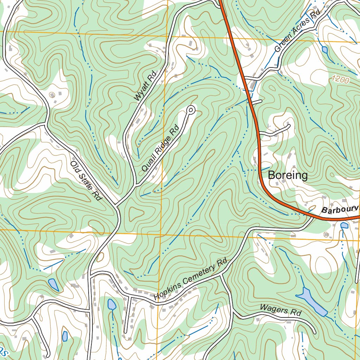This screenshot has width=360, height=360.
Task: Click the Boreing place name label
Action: [x=288, y=175]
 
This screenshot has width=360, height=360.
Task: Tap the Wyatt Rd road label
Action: [x=144, y=86]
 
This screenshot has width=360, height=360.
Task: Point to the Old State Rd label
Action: [x=86, y=181]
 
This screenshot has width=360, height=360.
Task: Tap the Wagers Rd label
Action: [x=281, y=310]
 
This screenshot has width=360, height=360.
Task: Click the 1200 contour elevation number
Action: [x=340, y=80]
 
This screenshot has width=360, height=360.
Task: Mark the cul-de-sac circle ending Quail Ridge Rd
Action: [x=191, y=110]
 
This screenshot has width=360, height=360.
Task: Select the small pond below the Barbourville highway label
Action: [x=345, y=225]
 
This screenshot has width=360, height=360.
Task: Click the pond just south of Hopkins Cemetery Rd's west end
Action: [x=111, y=304]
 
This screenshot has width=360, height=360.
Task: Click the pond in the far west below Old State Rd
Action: [x=53, y=284]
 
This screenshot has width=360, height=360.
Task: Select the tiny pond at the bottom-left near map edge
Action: [x=65, y=336]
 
